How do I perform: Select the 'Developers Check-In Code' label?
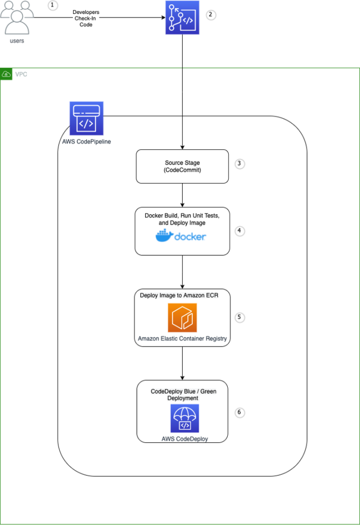pos(86,17)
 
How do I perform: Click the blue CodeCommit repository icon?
pos(182,17)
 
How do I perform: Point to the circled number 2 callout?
pos(210,14)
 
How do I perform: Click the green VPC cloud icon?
pos(6,74)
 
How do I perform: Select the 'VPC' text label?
pos(21,74)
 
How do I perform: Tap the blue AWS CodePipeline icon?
pos(86,118)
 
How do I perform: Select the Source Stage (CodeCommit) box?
pos(182,166)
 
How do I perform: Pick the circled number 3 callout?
pos(239,164)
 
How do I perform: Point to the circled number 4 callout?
pos(239,231)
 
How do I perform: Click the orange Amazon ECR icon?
pos(182,318)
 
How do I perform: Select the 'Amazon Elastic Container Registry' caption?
pos(182,339)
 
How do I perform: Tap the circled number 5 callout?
pos(239,317)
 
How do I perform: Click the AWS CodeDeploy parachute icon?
pos(185,418)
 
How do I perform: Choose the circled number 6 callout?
pos(239,412)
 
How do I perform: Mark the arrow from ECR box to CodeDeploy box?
pos(182,363)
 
